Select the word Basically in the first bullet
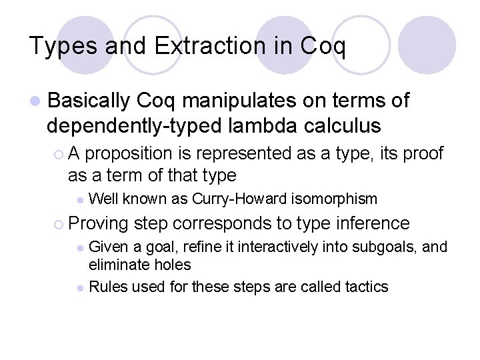(x=89, y=101)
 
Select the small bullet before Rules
(x=80, y=288)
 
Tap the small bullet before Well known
(x=80, y=199)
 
